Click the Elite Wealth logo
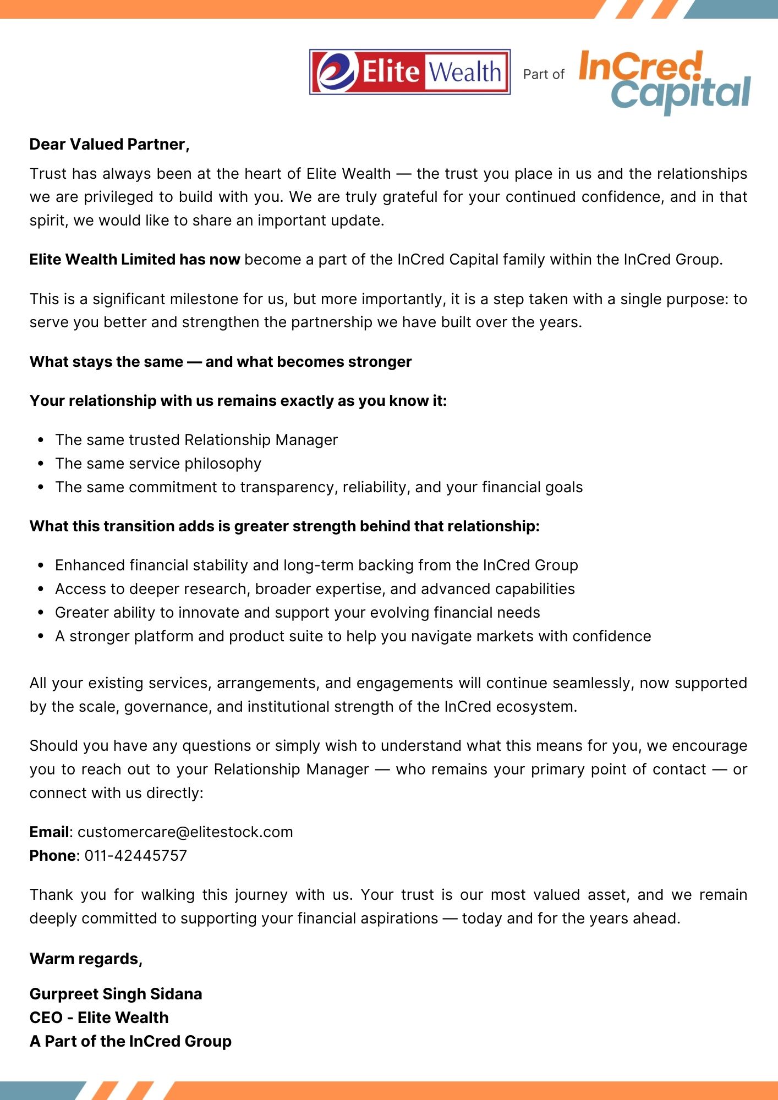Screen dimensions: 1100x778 click(410, 72)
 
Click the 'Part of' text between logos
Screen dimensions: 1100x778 click(544, 74)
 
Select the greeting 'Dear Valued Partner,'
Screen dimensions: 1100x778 click(109, 144)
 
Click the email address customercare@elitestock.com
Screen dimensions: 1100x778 click(185, 832)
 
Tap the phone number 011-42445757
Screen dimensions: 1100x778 click(135, 855)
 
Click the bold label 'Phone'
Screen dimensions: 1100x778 click(52, 855)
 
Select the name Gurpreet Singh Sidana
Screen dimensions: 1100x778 click(116, 994)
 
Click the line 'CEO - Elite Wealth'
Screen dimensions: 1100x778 click(99, 1018)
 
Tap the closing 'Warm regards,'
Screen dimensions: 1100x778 click(86, 959)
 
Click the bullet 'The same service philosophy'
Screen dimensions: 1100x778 click(158, 464)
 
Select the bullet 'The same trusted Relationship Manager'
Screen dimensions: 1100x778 click(196, 440)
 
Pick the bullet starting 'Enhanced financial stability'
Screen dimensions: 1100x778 click(316, 565)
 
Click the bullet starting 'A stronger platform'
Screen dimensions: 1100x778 click(353, 636)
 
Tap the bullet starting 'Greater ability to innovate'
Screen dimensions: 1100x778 click(297, 613)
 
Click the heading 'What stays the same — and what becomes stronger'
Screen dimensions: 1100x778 click(221, 362)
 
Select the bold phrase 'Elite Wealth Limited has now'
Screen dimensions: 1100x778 click(135, 260)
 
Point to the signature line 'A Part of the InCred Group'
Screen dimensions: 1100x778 click(130, 1041)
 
